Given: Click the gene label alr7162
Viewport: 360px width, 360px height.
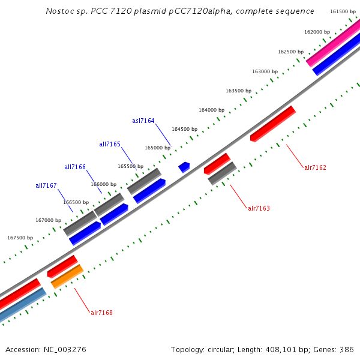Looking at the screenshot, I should click(x=315, y=167).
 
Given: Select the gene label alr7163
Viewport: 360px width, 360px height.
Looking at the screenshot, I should click(x=259, y=208).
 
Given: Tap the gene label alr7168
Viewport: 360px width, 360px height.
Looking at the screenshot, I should click(x=101, y=313).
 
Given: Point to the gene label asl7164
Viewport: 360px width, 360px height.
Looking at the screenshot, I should click(x=143, y=121).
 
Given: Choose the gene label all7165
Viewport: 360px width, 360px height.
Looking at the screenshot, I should click(x=110, y=144).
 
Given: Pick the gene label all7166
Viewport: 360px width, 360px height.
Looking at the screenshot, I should click(x=75, y=167).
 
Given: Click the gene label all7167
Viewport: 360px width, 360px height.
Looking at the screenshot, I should click(x=46, y=185).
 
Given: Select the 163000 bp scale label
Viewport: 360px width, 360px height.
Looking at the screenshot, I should click(x=265, y=71).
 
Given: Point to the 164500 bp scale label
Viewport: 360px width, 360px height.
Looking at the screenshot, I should click(x=184, y=129).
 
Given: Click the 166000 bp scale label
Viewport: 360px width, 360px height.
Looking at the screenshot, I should click(x=103, y=184).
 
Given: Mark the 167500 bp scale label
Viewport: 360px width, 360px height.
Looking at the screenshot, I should click(x=20, y=238).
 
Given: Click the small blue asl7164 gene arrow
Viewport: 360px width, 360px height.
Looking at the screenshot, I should click(x=184, y=167).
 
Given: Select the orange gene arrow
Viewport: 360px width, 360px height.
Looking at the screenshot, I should click(x=67, y=276).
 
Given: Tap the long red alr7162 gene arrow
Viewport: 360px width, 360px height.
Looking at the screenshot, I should click(x=272, y=124).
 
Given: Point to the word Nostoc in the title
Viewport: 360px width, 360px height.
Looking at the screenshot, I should click(x=58, y=11).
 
